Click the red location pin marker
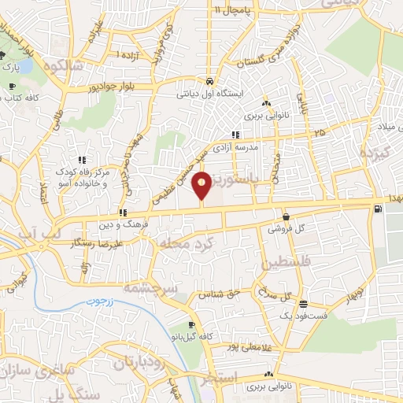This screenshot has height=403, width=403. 202,186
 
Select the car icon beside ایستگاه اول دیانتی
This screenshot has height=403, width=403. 209,81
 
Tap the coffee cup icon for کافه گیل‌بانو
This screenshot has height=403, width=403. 191,325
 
